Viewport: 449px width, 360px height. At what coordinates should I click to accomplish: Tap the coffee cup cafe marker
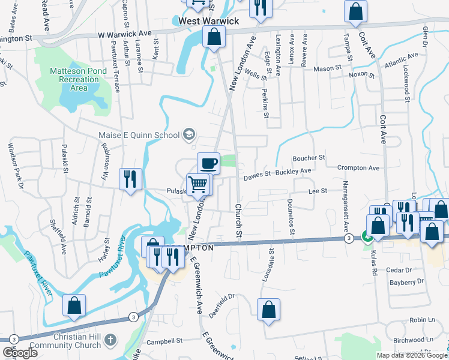(208, 163)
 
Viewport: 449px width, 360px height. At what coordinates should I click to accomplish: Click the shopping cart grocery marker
(197, 184)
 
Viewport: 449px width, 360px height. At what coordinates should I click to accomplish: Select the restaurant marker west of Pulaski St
(130, 179)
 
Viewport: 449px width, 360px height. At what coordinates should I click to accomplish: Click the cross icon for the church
(109, 340)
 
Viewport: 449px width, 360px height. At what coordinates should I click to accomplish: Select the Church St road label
(238, 220)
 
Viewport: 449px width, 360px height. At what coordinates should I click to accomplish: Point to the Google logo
(20, 353)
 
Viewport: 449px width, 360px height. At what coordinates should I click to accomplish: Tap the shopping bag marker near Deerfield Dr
(269, 310)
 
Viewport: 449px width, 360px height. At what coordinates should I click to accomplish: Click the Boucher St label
(309, 158)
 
